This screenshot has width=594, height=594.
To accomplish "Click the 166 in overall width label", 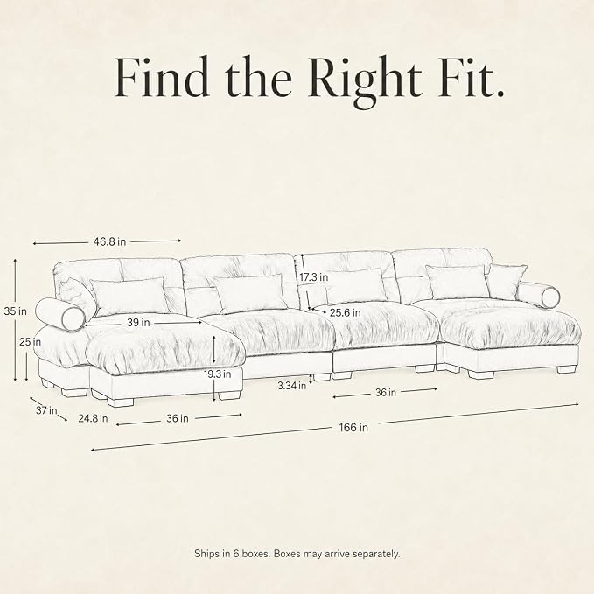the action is [x=353, y=427].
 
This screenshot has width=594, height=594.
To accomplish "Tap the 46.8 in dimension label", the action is [x=109, y=241].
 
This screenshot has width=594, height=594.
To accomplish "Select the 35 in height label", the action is [x=16, y=311].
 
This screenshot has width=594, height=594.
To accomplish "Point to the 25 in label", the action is [x=31, y=342].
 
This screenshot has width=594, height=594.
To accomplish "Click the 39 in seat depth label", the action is [x=138, y=323].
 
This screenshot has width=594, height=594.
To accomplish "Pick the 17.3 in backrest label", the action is [x=314, y=277].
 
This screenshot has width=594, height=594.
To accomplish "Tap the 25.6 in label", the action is [x=345, y=313].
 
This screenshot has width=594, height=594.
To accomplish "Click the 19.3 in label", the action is [x=218, y=374].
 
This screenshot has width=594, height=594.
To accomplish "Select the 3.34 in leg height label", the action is [x=291, y=386].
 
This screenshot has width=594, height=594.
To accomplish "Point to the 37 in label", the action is [x=46, y=410].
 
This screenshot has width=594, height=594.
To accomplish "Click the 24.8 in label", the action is [x=93, y=418].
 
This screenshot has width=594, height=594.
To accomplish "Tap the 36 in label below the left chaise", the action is [x=178, y=418].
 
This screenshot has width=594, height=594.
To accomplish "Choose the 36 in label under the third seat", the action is [x=386, y=393].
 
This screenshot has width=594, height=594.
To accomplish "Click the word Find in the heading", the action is [x=162, y=76].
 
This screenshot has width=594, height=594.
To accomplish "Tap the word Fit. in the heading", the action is [x=471, y=76].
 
